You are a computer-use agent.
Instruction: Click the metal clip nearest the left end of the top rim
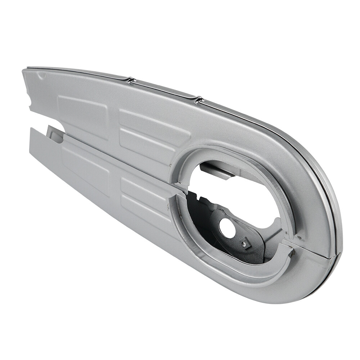pyautogui.click(x=130, y=80)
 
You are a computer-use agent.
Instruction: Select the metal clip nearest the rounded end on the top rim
pyautogui.click(x=198, y=99)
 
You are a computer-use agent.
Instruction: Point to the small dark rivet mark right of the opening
pyautogui.click(x=298, y=237)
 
